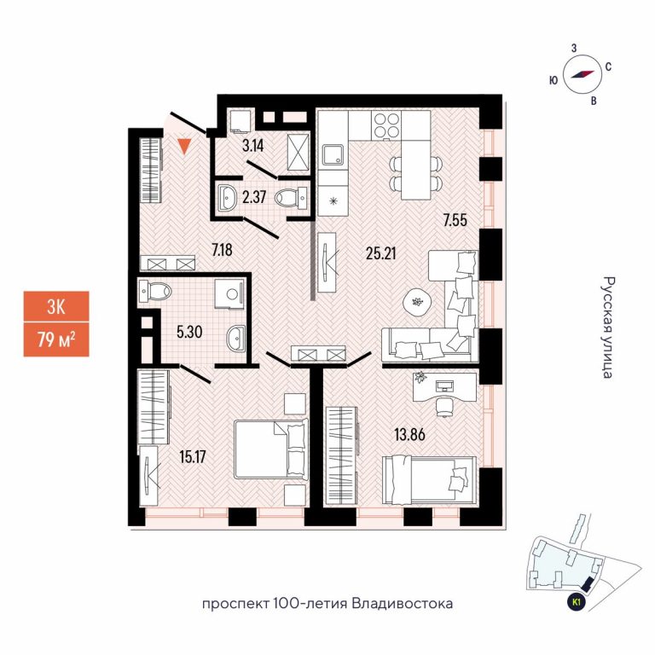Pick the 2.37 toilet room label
pos(254,198)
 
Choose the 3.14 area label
pos(253,145)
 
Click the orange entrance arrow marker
pos(184,147)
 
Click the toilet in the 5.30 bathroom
pos(157,293)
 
